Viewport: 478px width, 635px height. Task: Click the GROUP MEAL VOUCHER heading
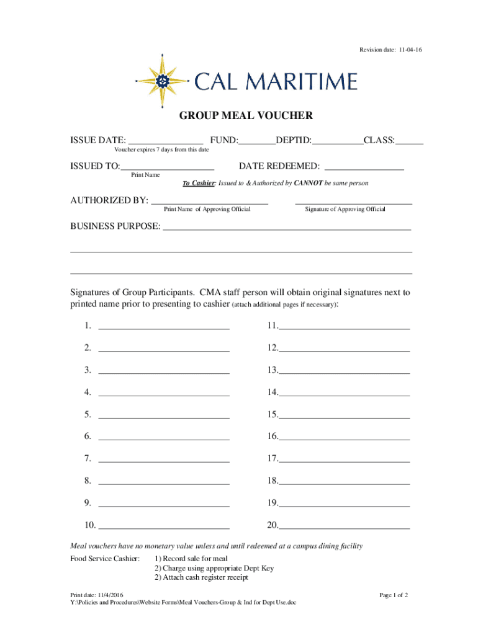point(246,115)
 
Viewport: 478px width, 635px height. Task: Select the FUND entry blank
point(257,143)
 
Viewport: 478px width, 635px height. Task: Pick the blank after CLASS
point(410,143)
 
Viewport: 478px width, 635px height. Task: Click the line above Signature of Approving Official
point(353,203)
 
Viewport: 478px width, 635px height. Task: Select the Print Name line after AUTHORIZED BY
point(210,203)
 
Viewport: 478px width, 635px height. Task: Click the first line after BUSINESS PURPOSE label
point(286,229)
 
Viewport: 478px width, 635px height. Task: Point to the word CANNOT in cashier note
point(309,184)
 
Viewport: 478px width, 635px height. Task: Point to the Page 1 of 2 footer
point(394,595)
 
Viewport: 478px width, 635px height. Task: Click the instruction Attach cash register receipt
point(201,577)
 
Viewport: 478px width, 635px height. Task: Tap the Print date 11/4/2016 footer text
point(97,595)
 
